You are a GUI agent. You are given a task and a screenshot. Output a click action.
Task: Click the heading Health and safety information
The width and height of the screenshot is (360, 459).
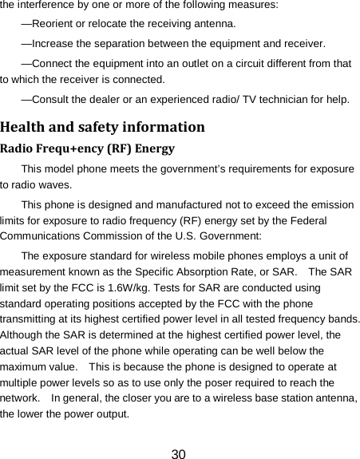click(x=102, y=127)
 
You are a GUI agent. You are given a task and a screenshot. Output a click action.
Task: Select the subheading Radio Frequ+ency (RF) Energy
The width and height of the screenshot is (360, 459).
click(x=88, y=148)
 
